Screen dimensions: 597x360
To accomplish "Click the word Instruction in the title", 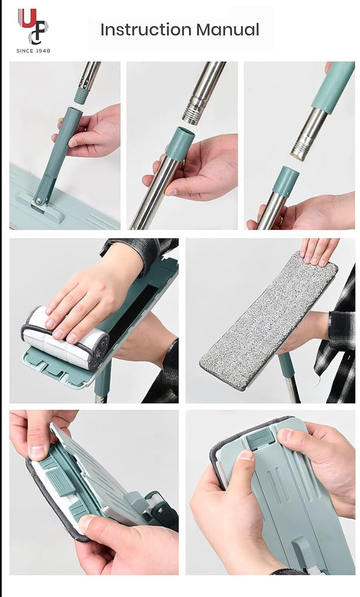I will [145, 29].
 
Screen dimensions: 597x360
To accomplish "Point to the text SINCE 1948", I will [33, 50].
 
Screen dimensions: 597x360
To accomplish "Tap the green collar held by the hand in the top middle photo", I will [180, 144].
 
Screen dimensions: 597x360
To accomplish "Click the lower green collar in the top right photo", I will [285, 181].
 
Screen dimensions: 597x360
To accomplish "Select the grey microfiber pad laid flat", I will [269, 320].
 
